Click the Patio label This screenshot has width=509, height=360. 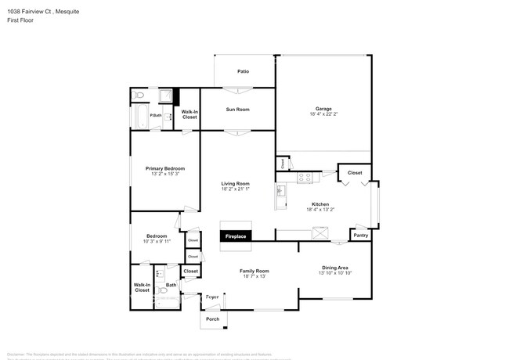click(x=244, y=71)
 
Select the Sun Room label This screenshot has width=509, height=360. click(x=237, y=109)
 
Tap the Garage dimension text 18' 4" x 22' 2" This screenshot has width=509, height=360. click(x=323, y=114)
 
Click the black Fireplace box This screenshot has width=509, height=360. click(x=236, y=236)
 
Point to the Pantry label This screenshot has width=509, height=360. click(x=360, y=235)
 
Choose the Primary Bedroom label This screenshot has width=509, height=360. click(x=164, y=168)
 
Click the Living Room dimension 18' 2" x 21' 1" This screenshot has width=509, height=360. click(x=235, y=189)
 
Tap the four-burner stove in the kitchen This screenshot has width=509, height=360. click(x=304, y=177)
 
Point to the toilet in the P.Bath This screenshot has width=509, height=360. click(x=139, y=95)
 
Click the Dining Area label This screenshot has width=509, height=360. click(x=335, y=267)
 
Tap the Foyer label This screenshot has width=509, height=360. click(x=211, y=297)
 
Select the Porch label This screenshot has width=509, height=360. click(x=212, y=319)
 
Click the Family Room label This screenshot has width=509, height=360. click(x=255, y=271)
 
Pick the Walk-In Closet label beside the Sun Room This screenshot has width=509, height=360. click(x=190, y=114)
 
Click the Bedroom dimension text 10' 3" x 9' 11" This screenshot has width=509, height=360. click(x=156, y=242)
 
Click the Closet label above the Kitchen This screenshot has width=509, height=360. click(x=355, y=172)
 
